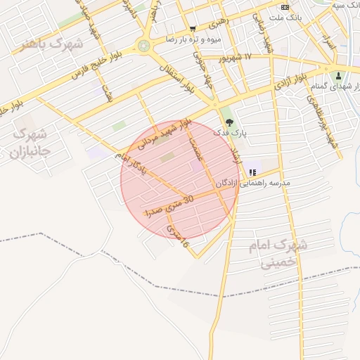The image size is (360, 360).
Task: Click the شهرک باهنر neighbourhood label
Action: click(x=52, y=44)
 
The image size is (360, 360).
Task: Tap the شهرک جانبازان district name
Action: click(x=29, y=143)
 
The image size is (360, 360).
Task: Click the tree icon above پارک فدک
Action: click(x=229, y=122)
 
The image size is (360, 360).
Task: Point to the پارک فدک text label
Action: click(x=240, y=131)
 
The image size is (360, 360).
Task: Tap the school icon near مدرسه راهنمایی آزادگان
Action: click(x=252, y=172)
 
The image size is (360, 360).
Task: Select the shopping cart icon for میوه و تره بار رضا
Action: click(x=193, y=30)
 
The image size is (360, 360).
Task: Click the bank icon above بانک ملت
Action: click(x=285, y=7)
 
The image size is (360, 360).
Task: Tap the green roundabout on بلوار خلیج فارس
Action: click(x=144, y=46)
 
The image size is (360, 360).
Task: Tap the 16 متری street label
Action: click(x=177, y=237)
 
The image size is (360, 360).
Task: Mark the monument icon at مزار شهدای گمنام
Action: click(x=339, y=76)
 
